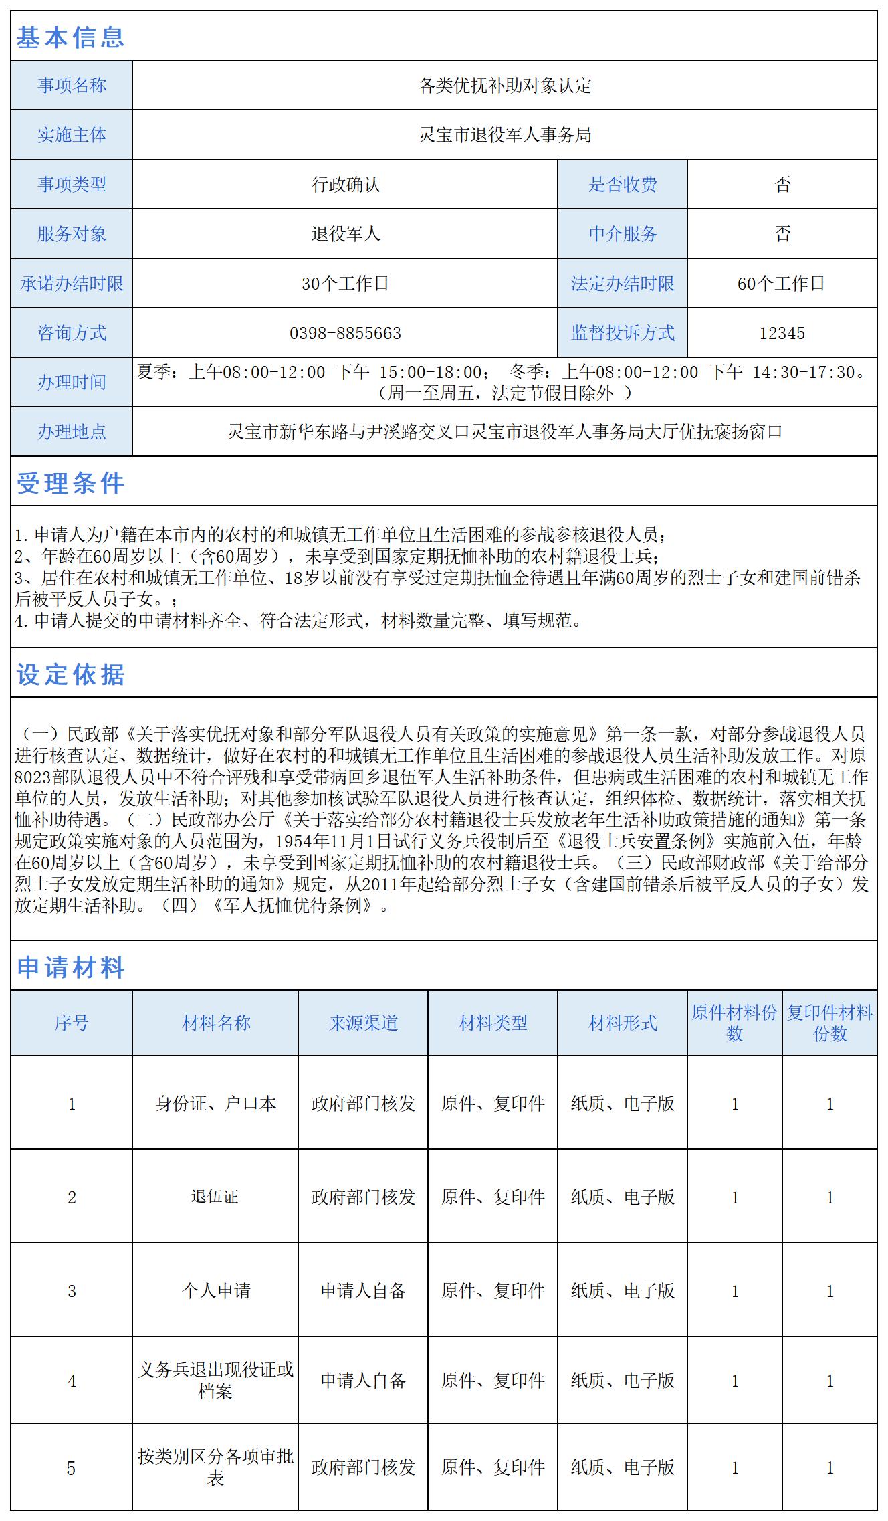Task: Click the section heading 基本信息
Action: (70, 37)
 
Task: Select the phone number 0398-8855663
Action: (345, 333)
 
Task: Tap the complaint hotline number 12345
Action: (782, 333)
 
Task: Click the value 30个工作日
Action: (345, 284)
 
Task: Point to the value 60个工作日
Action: (782, 284)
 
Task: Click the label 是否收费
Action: (623, 185)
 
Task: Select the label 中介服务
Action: (623, 234)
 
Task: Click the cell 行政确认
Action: (345, 185)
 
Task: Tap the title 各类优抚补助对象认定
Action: (505, 86)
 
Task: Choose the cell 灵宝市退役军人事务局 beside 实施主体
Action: (505, 135)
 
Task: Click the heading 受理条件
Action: (70, 483)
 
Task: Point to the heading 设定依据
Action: (70, 674)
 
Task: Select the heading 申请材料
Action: (70, 967)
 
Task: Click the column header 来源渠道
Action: (363, 1023)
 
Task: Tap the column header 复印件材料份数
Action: (829, 1023)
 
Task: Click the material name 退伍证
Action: (215, 1196)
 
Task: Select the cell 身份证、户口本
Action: (215, 1103)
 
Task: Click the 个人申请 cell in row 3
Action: (215, 1290)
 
